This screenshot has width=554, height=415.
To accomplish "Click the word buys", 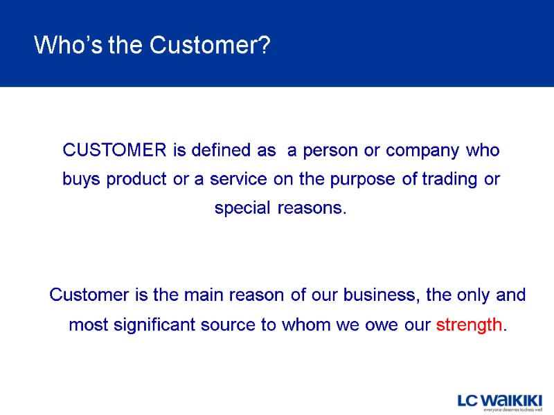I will [79, 179].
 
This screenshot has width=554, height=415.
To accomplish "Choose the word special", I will [244, 208].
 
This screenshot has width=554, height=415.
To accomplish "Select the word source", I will [232, 324].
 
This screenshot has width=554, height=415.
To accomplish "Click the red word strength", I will [470, 324].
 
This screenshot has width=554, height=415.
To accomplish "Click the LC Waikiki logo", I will [499, 400].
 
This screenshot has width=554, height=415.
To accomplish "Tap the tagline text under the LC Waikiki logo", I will [512, 409].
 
